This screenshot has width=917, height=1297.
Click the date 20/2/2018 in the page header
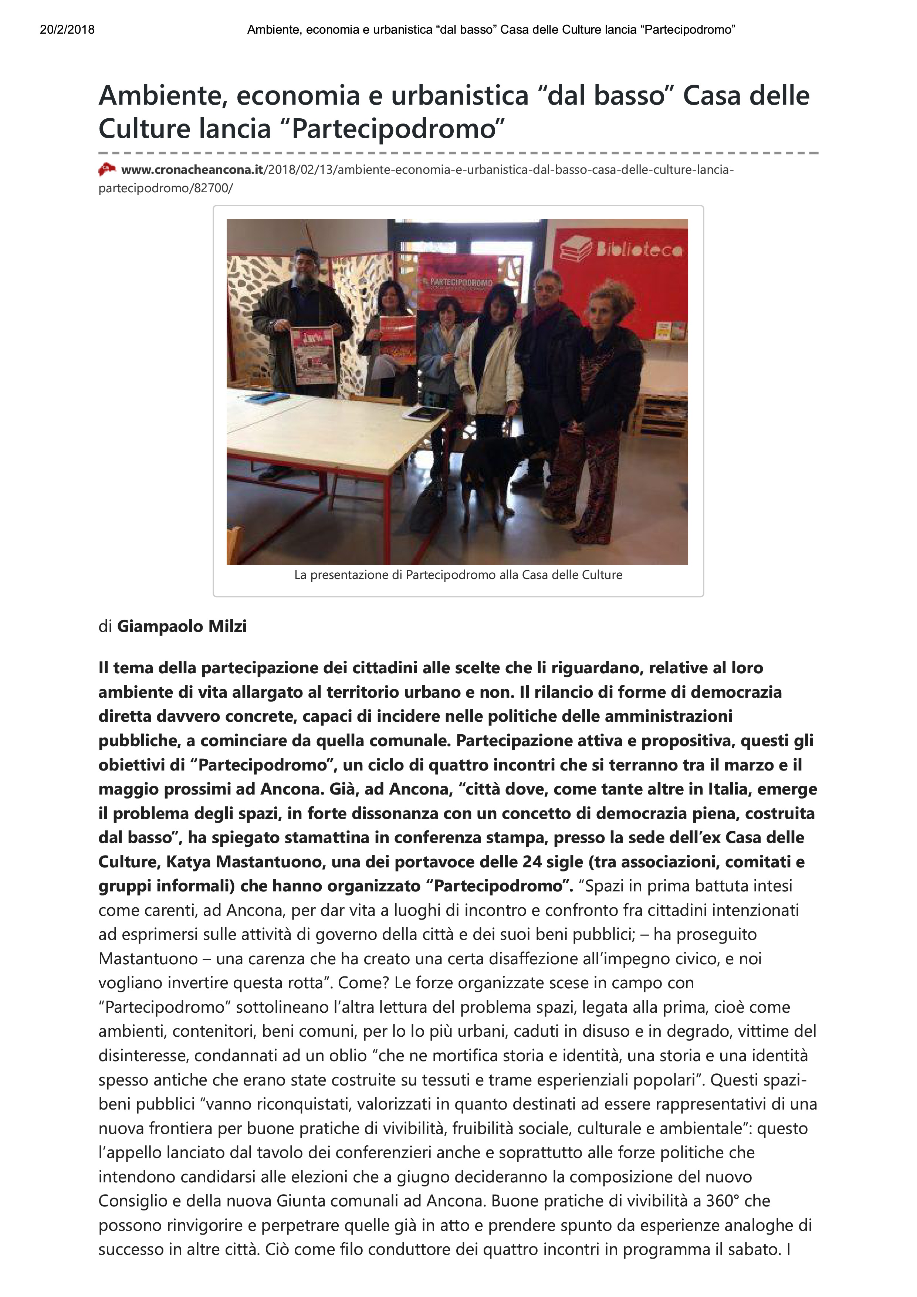tap(67, 30)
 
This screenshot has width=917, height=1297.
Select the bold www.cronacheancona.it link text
tap(192, 169)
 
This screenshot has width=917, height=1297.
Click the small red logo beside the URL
tap(107, 169)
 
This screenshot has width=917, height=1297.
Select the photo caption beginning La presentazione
tap(458, 575)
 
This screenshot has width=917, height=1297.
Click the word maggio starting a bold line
tap(129, 789)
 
